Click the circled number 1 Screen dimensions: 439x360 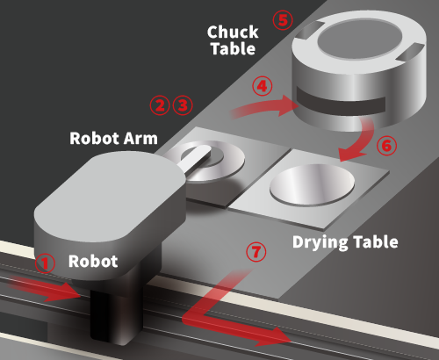coord(45,263)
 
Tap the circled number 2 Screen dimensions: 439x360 coord(160,105)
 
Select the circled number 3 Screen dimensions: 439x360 coord(183,105)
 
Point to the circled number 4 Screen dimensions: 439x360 coord(263,86)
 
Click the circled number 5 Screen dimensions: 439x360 coord(283,20)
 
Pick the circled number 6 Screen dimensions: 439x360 coord(386,146)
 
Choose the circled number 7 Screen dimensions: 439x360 coord(256,252)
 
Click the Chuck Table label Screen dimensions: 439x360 coord(233,40)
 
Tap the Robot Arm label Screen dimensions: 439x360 coord(113,139)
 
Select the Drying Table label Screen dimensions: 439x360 coord(345,242)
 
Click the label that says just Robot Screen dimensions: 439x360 coord(93,261)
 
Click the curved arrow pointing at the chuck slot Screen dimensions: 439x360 coord(263,108)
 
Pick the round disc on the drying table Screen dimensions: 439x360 coord(312,184)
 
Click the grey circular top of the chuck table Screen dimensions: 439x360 coord(359,40)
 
